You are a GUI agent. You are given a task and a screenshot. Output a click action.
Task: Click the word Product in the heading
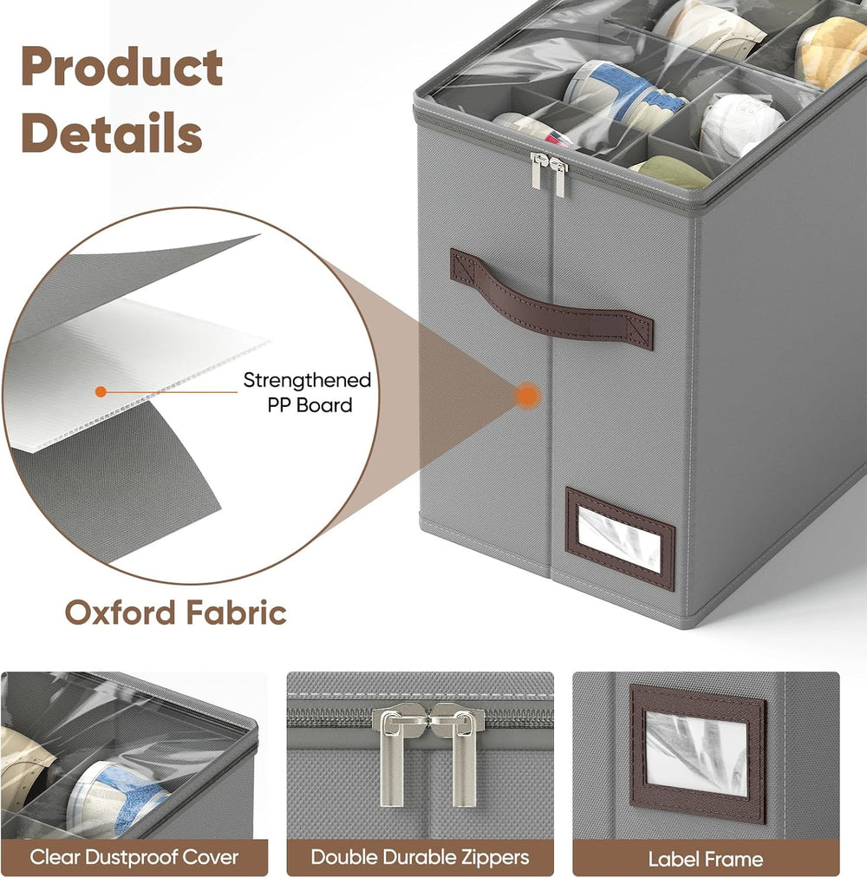122,67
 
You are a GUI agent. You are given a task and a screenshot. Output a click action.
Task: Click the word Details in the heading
112,133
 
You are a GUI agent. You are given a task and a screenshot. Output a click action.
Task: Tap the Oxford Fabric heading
176,613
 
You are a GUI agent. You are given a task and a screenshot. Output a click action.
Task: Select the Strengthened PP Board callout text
308,392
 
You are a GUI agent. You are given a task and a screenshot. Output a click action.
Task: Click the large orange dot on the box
526,396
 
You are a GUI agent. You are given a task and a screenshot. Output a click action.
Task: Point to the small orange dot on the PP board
101,391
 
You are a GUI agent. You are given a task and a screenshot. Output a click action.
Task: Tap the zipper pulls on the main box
549,174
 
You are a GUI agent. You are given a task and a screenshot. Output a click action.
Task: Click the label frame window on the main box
620,539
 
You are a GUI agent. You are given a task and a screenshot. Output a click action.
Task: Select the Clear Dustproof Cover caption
134,857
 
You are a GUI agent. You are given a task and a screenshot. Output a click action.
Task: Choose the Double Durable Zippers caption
420,857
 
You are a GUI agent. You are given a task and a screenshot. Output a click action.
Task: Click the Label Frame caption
705,859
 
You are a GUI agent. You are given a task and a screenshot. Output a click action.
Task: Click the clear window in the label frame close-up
696,753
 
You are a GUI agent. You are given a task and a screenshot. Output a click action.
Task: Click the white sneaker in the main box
740,127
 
